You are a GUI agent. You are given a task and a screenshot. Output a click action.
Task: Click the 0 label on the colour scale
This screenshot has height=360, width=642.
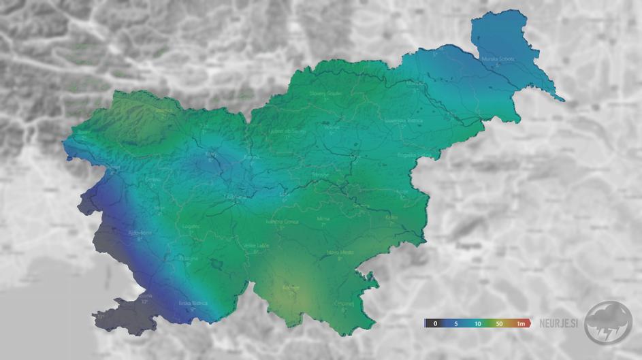coord(434,323)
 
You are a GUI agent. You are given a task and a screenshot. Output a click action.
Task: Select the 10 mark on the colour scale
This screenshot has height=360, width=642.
coord(478,323)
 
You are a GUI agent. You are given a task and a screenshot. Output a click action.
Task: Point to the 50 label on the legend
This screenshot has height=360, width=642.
coord(500,323)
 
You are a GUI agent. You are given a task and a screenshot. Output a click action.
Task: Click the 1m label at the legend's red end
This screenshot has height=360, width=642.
coord(520,323)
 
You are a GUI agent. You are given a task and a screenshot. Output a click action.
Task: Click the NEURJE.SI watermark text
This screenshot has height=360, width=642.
coord(560,323)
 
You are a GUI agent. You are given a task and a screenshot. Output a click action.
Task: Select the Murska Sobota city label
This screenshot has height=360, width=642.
coord(498,59)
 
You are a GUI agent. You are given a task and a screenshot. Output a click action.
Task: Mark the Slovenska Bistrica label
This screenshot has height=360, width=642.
coord(404,120)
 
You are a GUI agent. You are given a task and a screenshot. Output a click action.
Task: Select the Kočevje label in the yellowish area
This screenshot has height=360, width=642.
coord(291,287)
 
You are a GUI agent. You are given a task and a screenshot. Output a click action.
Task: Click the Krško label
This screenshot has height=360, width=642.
coord(391,218)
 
